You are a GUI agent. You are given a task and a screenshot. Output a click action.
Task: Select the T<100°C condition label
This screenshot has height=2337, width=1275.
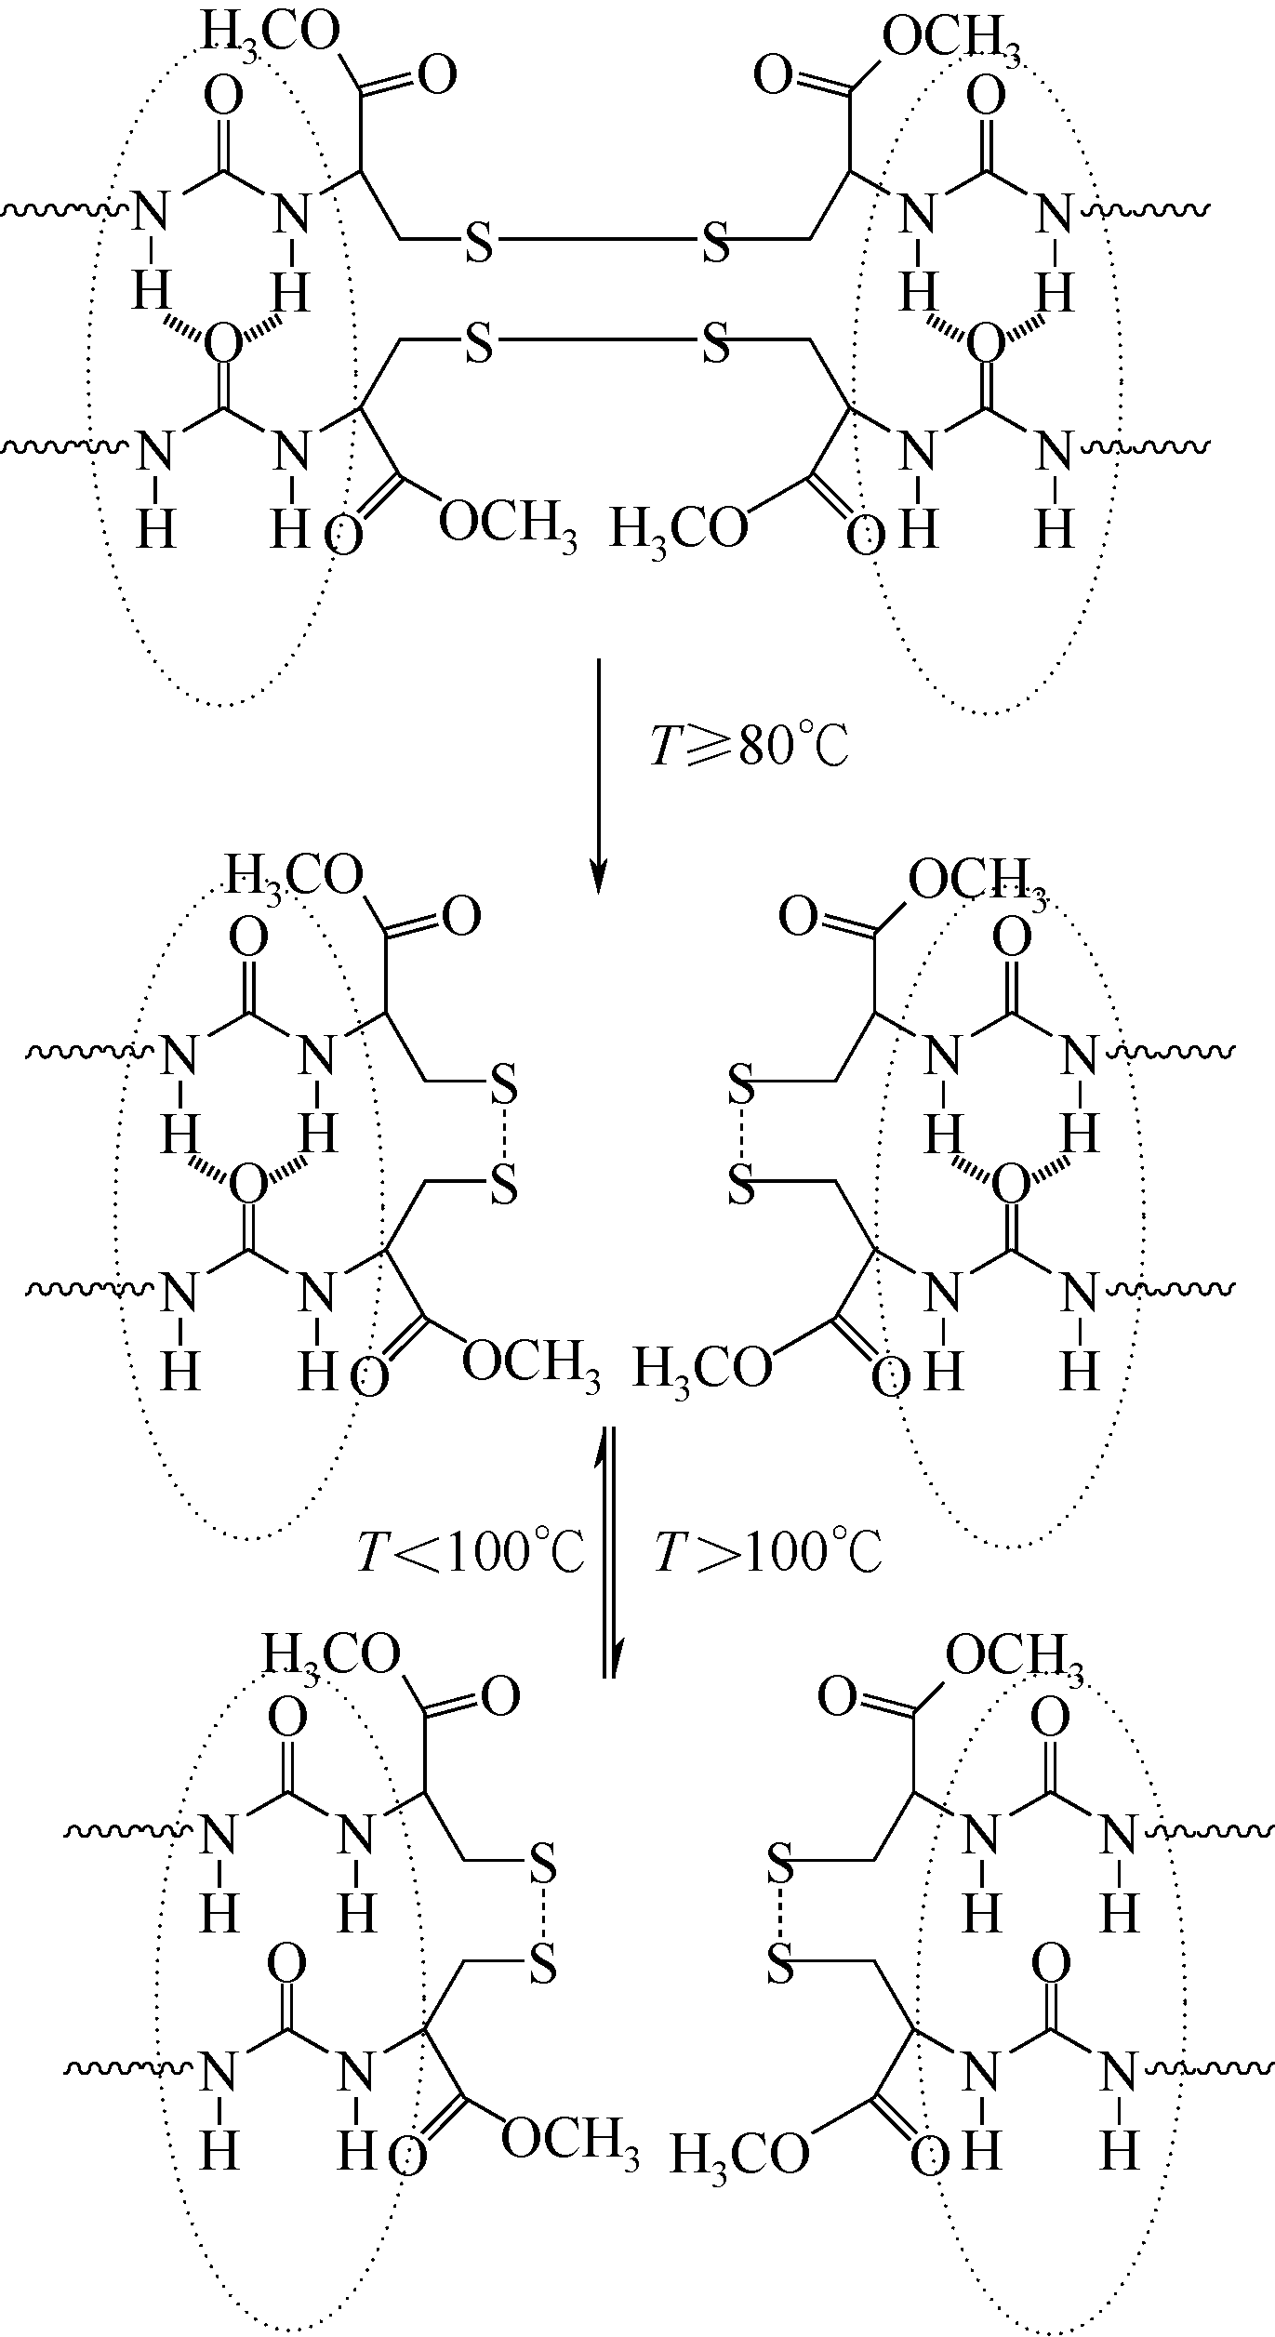[x=471, y=1552]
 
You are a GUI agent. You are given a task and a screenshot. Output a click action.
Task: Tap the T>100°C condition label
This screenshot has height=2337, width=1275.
[x=768, y=1552]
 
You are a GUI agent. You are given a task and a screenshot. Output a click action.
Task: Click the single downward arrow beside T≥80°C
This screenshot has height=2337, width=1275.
[x=599, y=776]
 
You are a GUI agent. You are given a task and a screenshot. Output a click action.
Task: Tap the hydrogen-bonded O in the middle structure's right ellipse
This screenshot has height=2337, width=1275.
[x=1012, y=1186]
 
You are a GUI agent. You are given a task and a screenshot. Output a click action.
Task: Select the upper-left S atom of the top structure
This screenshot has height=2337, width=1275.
[x=478, y=242]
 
